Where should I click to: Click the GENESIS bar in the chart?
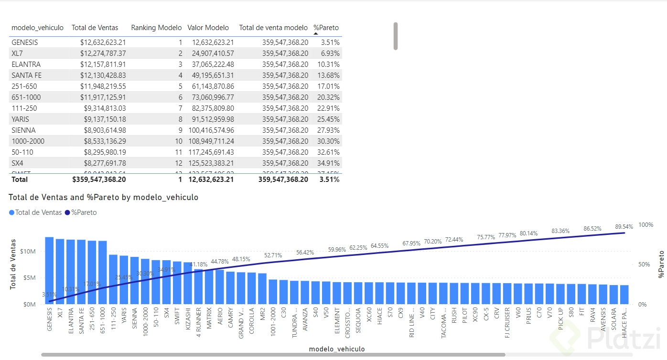(x=49, y=270)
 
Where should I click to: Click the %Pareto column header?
(x=326, y=28)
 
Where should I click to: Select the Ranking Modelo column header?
(x=156, y=28)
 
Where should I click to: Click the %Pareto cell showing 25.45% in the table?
(x=327, y=119)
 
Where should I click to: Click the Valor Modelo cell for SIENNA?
(x=211, y=130)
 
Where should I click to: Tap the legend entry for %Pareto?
(x=81, y=212)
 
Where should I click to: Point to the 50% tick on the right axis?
(x=644, y=265)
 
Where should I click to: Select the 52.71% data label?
(x=273, y=255)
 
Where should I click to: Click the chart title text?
(x=103, y=197)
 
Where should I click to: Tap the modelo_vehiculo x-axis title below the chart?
(x=337, y=349)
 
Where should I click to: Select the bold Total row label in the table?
(x=20, y=180)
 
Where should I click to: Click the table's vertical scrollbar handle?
(x=396, y=36)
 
